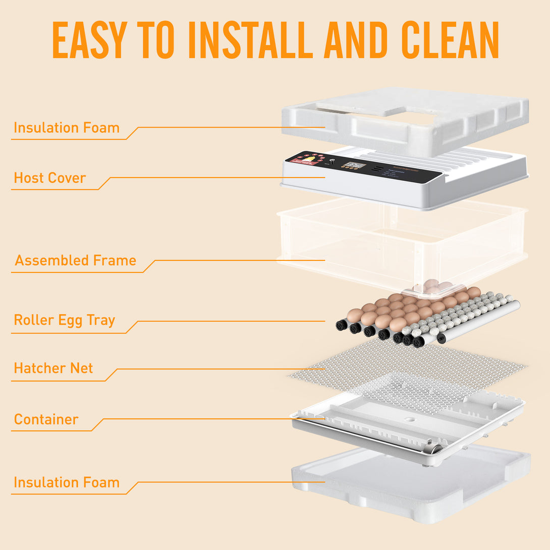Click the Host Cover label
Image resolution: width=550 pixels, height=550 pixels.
49,178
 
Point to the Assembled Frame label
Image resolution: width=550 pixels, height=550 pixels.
75,261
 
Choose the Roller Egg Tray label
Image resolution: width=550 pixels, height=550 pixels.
64,320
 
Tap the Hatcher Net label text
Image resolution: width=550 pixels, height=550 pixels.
53,368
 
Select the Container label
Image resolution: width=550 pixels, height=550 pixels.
46,419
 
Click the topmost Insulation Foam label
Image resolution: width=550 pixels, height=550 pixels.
66,128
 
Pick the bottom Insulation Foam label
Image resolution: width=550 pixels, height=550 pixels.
66,483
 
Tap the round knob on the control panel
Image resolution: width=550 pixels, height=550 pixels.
332,161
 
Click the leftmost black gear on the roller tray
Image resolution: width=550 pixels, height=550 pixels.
342,325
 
